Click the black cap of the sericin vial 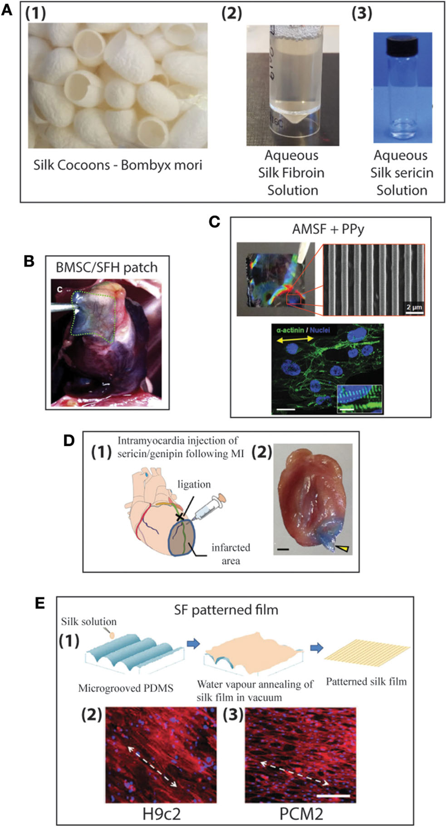pyautogui.click(x=402, y=44)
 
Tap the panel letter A pyautogui.click(x=7, y=10)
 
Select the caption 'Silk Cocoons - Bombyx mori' pyautogui.click(x=118, y=165)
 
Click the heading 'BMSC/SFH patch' pyautogui.click(x=107, y=267)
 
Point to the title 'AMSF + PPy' pyautogui.click(x=328, y=229)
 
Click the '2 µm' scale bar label pyautogui.click(x=414, y=307)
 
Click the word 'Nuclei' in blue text pyautogui.click(x=320, y=330)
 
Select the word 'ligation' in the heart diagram pyautogui.click(x=194, y=484)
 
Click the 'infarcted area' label pyautogui.click(x=231, y=554)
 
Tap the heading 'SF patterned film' pyautogui.click(x=226, y=610)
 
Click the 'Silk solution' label pyautogui.click(x=89, y=621)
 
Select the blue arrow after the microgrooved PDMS pyautogui.click(x=194, y=644)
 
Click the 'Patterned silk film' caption pyautogui.click(x=366, y=681)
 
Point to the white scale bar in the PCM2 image pyautogui.click(x=334, y=796)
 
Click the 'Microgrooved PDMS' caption pyautogui.click(x=126, y=688)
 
